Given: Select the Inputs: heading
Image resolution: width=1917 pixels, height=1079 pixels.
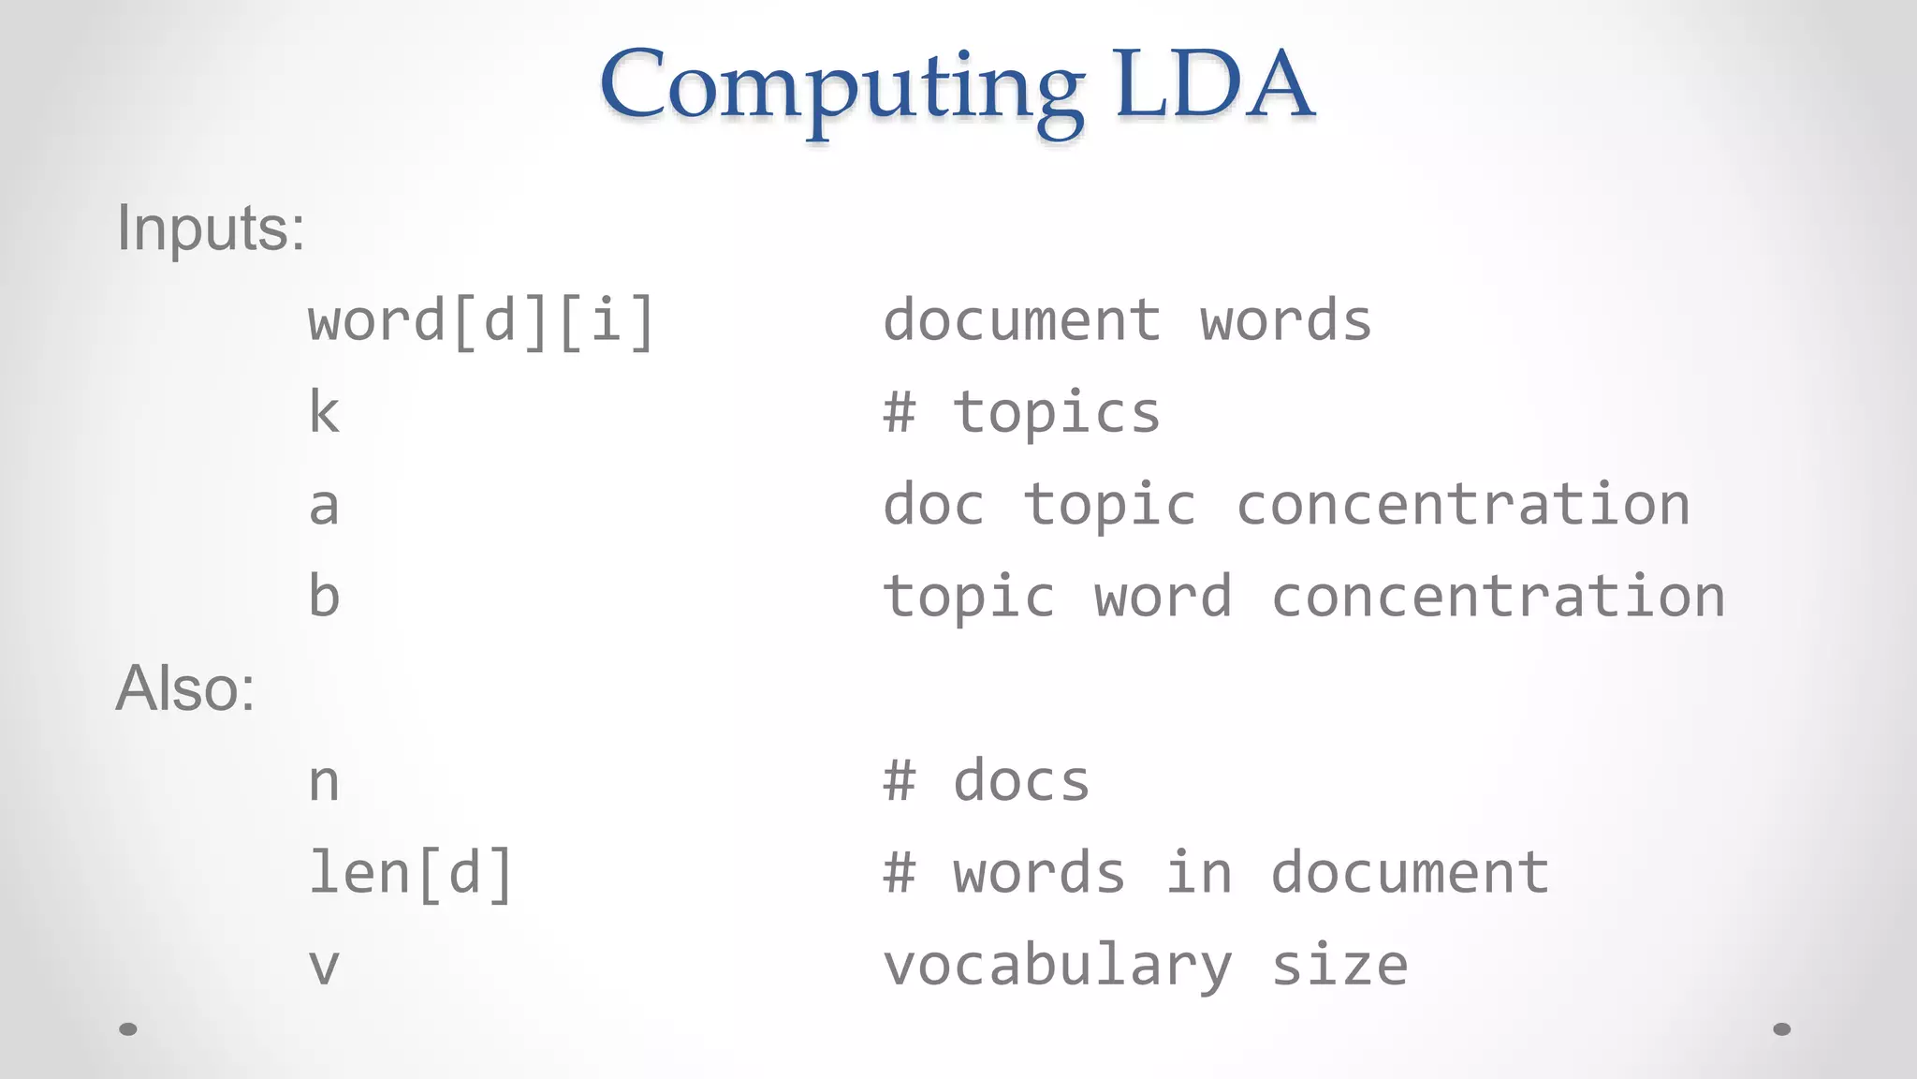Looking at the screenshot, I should pos(211,228).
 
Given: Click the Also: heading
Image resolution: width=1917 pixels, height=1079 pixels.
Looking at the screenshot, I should pos(185,688).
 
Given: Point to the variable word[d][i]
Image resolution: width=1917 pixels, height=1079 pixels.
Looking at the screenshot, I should pos(481,321).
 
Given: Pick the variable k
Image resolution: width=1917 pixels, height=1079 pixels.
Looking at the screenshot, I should pos(324,413).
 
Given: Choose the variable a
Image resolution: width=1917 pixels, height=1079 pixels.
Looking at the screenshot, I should pos(324,506).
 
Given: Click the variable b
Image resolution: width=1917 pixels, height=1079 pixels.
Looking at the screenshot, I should pos(324,597).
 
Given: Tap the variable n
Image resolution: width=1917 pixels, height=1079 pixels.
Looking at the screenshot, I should pos(324,781).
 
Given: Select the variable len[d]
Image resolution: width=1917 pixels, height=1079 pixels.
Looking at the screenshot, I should pos(411,873).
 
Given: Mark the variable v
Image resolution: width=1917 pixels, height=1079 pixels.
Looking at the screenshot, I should pos(324,966).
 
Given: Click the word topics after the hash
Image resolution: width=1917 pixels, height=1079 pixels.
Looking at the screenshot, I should pos(1057,413).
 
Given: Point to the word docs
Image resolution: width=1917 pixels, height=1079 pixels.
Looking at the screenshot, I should pos(1021,781).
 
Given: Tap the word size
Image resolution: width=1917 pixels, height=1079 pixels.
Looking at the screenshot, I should pos(1339,966).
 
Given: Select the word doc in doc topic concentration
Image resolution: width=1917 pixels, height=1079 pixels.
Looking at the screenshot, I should pos(933,505).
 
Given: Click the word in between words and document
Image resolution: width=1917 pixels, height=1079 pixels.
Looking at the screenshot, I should pos(1198,873).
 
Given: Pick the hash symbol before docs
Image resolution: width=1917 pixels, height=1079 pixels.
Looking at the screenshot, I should pos(900,781).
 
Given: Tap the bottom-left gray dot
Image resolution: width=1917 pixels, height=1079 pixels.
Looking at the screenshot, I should pos(128,1029).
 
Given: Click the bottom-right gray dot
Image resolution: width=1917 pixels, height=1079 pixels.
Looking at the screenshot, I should pos(1782,1029).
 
